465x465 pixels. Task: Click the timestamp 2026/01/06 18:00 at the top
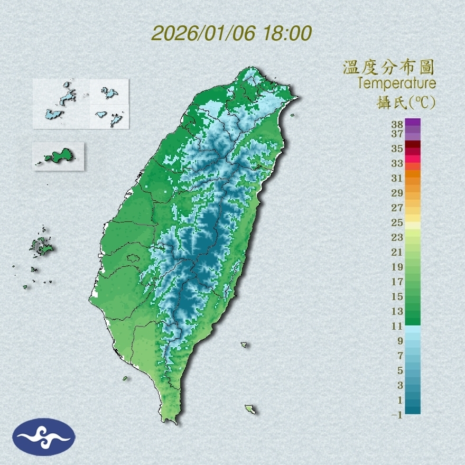point(231,33)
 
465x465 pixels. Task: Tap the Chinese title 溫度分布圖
point(388,68)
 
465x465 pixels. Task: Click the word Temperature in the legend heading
point(396,83)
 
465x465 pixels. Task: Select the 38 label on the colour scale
point(397,125)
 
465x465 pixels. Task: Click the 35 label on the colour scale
point(397,148)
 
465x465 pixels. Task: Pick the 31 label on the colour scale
point(397,178)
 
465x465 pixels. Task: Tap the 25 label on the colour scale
point(397,222)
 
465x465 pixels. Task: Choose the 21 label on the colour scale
point(397,252)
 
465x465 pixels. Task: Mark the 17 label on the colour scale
point(397,282)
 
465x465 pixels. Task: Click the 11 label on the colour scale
point(397,326)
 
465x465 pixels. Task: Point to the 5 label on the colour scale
point(400,370)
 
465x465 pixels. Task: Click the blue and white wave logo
point(44,436)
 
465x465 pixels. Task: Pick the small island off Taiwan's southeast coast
point(250,409)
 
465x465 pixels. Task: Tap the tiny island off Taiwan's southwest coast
point(125,378)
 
